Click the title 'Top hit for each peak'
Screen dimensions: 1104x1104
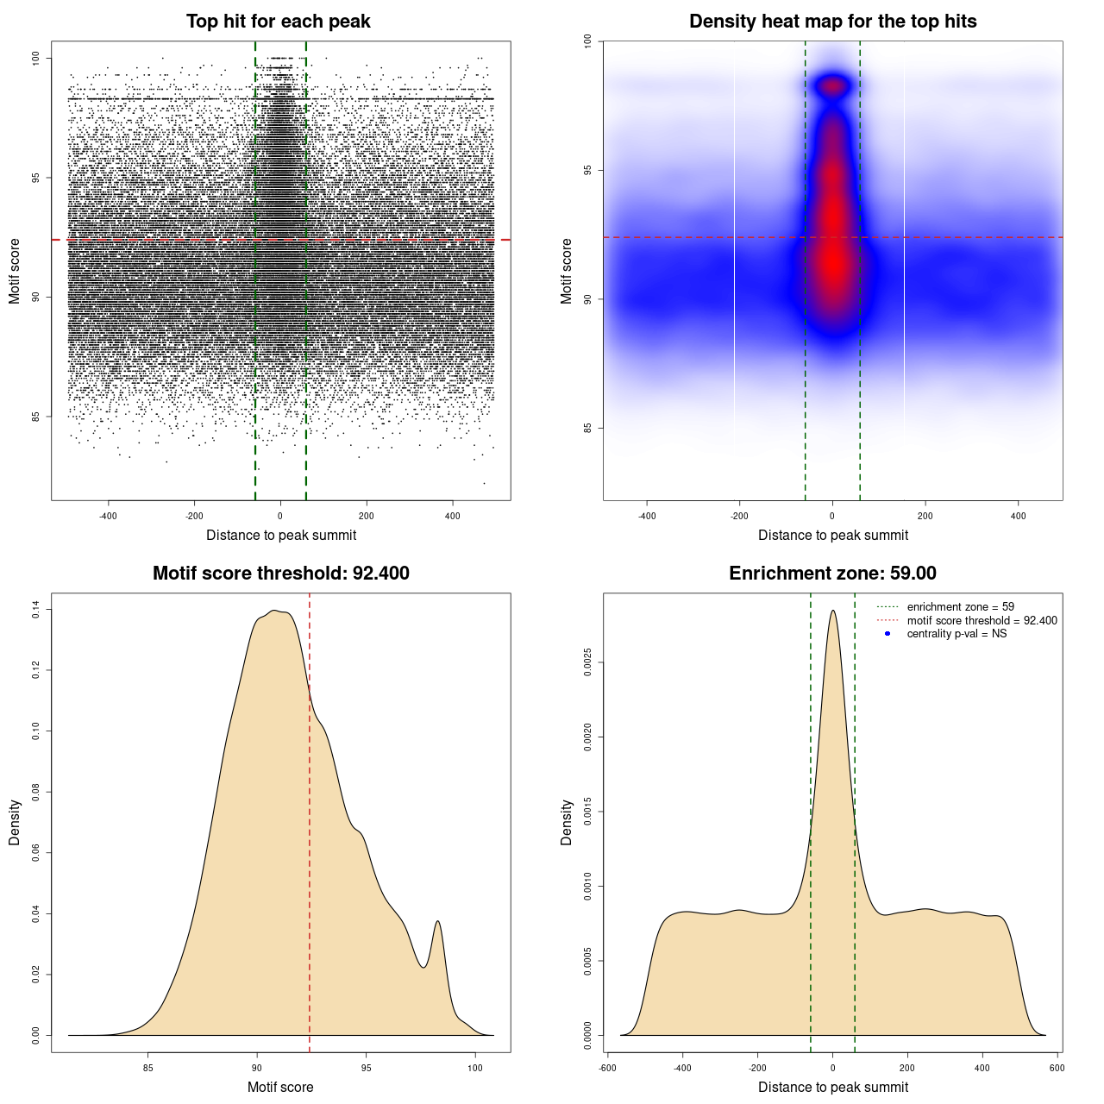coord(278,22)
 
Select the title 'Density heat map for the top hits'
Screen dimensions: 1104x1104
coord(832,22)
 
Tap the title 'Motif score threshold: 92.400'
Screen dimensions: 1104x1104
coord(280,574)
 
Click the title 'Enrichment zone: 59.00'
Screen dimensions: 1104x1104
coord(832,574)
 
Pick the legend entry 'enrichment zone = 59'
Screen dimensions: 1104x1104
coord(960,607)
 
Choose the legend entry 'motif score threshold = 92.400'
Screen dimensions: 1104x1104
coord(982,620)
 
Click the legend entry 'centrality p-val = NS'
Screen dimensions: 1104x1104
coord(957,634)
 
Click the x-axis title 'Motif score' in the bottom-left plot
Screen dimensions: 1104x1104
coord(280,1087)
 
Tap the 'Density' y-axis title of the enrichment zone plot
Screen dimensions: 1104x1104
coord(567,822)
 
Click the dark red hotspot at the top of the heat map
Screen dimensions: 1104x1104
coord(833,85)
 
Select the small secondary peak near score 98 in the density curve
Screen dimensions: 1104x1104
coord(438,923)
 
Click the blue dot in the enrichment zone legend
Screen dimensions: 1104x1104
coord(888,634)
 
